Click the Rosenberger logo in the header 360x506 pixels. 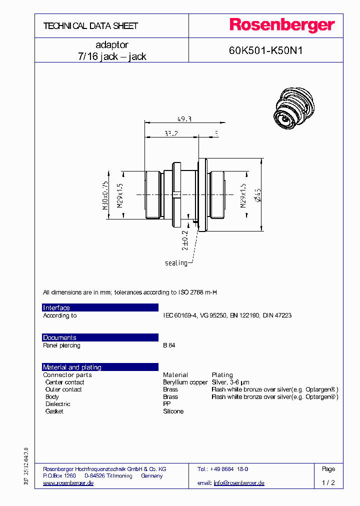[281, 25]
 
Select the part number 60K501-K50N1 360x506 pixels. [266, 50]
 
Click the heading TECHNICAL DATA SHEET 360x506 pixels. [90, 26]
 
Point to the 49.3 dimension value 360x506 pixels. [184, 118]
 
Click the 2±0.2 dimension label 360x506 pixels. [185, 240]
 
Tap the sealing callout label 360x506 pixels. [176, 262]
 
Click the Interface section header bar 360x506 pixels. [100, 307]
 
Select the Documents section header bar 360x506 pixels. [100, 337]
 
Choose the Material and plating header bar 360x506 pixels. [100, 367]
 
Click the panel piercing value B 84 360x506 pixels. [169, 345]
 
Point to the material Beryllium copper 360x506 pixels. [185, 382]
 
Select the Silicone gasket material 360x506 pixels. [173, 411]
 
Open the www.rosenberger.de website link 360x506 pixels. [68, 483]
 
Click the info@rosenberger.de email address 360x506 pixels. [239, 483]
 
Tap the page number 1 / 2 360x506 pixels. [328, 483]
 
